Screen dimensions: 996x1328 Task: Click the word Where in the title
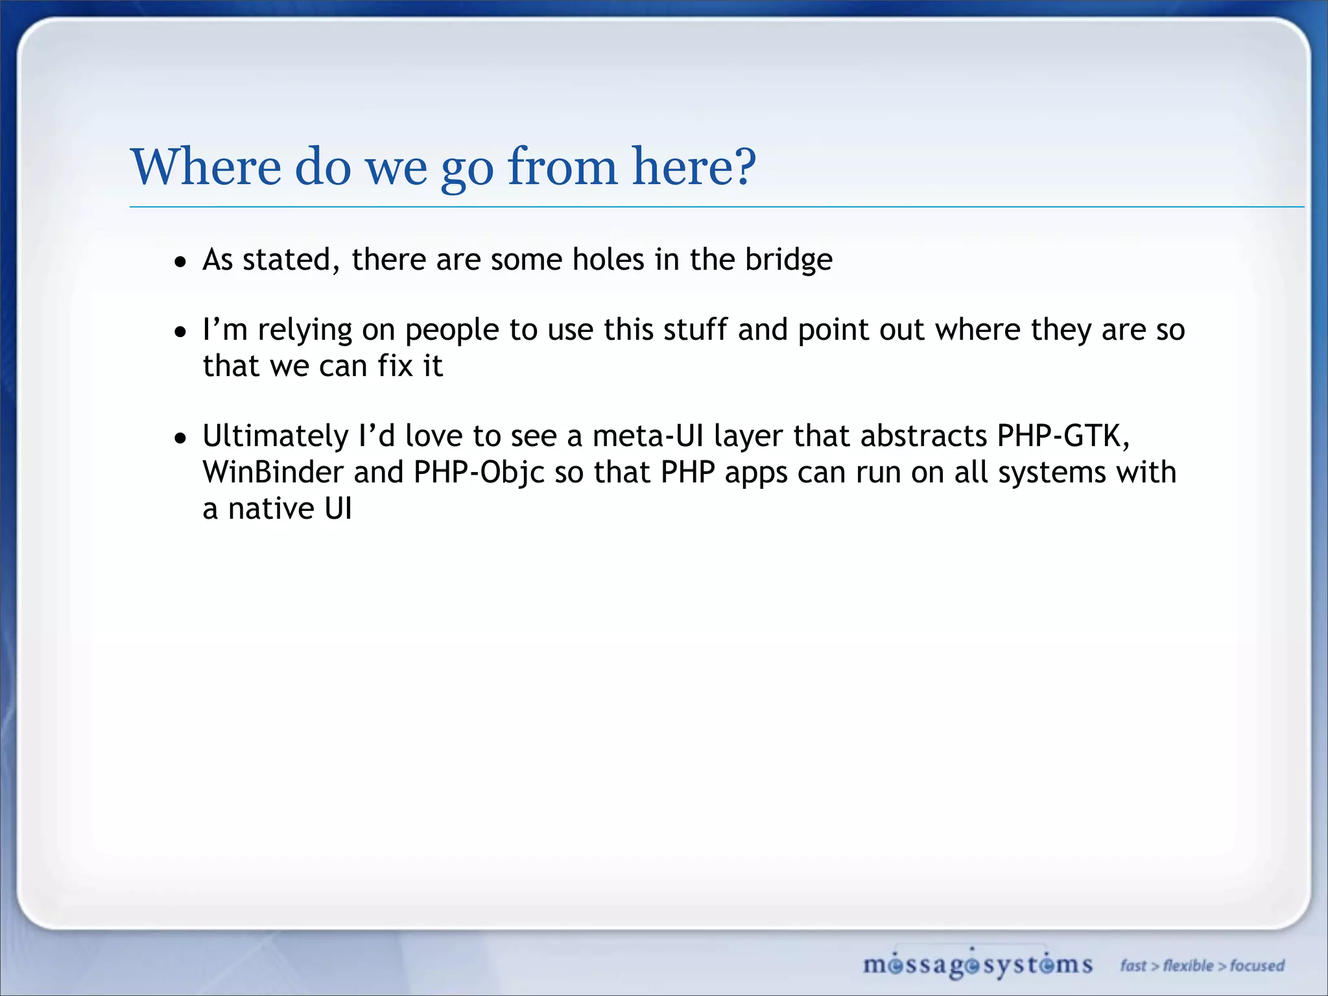[x=206, y=167]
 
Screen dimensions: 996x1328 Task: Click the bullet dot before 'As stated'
[x=180, y=263]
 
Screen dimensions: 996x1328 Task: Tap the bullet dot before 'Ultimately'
[x=180, y=439]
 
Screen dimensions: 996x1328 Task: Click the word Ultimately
[x=276, y=436]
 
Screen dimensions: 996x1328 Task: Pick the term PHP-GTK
[x=1062, y=436]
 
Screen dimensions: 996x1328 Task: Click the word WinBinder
[x=273, y=472]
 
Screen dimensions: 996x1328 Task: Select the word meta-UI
[x=647, y=436]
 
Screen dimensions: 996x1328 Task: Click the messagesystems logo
[x=977, y=965]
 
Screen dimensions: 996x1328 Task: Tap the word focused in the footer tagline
[x=1257, y=966]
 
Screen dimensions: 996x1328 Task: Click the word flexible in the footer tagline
[x=1187, y=966]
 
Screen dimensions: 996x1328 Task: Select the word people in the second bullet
[x=452, y=331]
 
